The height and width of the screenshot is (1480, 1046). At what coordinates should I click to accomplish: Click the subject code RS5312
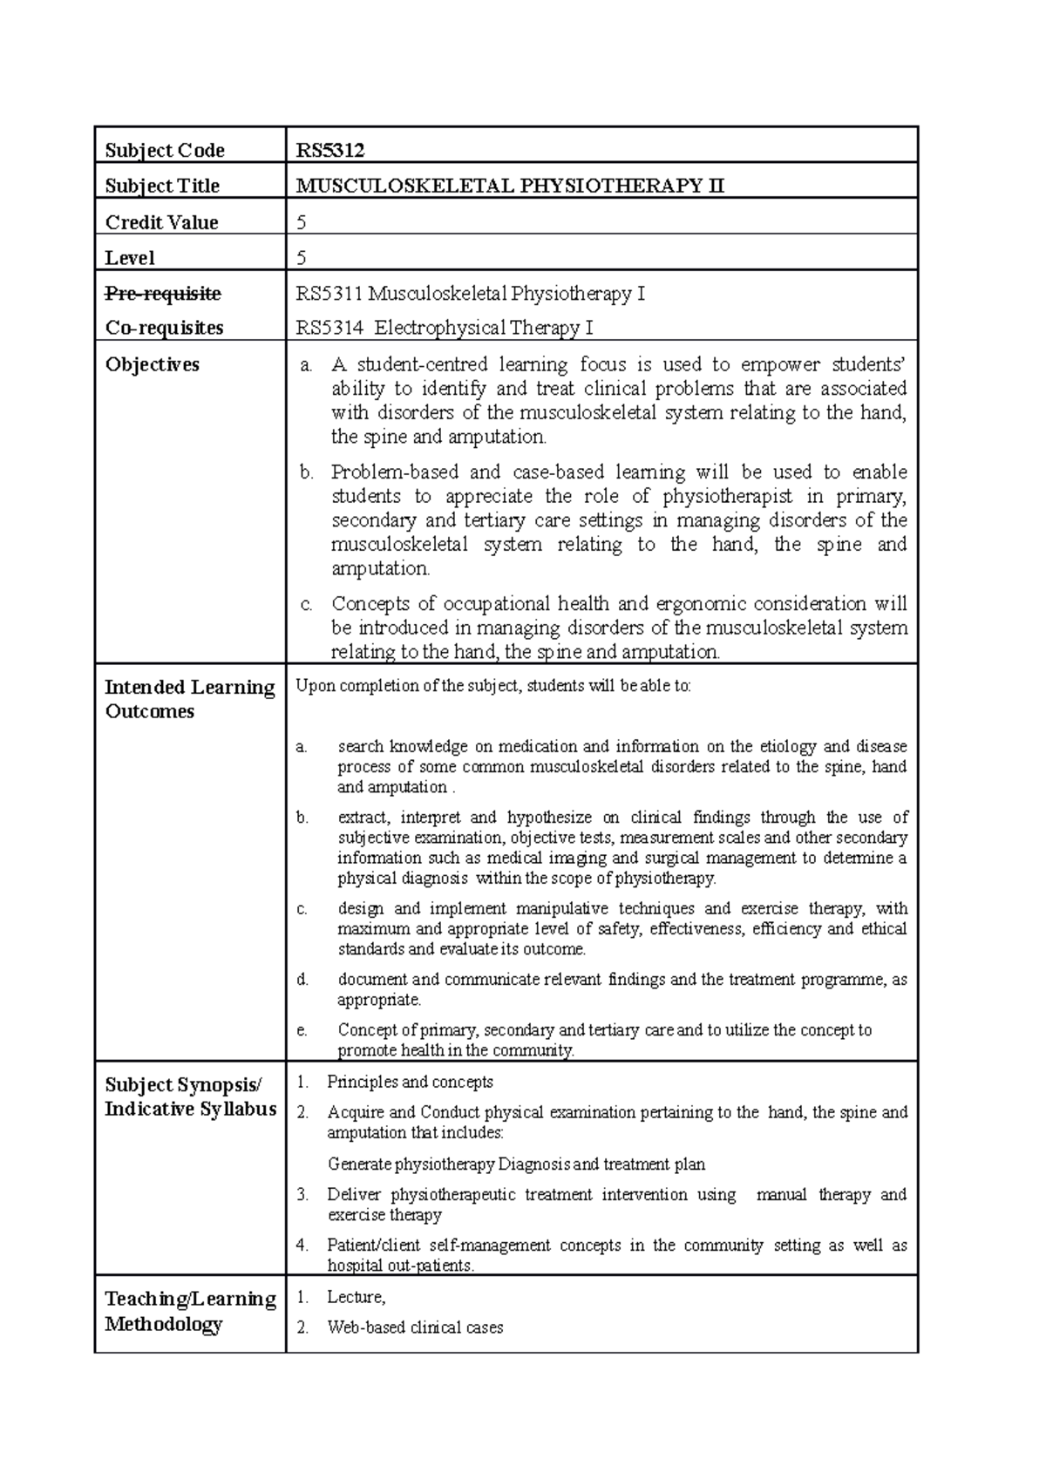click(x=329, y=150)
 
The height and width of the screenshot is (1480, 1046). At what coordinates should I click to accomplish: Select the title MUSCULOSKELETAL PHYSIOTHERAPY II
click(x=510, y=186)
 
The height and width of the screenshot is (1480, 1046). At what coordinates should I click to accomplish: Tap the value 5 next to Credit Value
click(x=302, y=222)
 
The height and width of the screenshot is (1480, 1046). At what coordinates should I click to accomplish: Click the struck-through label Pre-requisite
click(x=163, y=293)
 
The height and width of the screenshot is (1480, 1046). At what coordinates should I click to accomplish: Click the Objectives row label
click(x=153, y=364)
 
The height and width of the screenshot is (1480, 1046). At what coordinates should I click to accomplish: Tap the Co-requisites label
click(x=164, y=328)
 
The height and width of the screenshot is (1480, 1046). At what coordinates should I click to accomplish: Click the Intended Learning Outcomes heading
click(x=189, y=699)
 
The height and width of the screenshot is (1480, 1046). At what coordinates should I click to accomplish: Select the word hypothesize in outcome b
click(x=549, y=818)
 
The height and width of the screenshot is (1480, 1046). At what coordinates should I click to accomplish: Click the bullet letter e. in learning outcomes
click(x=302, y=1030)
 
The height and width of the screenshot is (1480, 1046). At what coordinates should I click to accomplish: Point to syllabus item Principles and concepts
click(x=410, y=1082)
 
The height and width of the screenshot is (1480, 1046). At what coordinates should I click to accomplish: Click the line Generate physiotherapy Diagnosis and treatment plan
click(x=516, y=1164)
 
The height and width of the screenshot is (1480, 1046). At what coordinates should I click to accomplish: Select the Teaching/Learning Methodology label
click(x=190, y=1311)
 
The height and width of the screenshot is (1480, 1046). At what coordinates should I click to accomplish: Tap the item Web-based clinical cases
click(x=415, y=1327)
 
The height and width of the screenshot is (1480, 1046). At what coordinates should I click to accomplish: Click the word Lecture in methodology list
click(x=355, y=1297)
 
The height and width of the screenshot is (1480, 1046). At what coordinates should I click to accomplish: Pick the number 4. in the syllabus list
click(x=302, y=1246)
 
